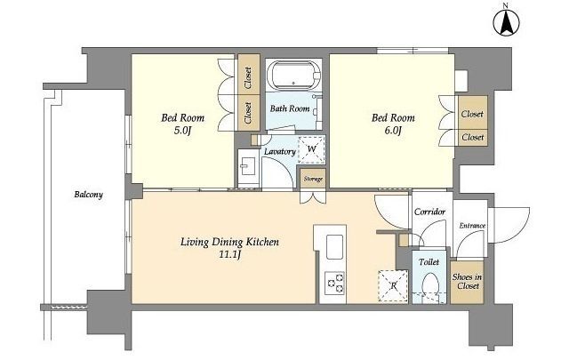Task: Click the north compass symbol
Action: coord(506,21)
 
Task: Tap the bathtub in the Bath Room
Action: coord(294,76)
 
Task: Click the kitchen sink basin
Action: coord(334,247)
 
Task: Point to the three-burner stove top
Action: coord(334,283)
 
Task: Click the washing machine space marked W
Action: coord(311,149)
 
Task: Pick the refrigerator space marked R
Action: coord(393,285)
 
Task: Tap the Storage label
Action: coord(313,179)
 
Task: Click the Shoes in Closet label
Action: coord(468,281)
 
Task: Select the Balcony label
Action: coord(89,195)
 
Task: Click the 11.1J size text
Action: coord(229,255)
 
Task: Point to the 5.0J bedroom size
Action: coord(182,131)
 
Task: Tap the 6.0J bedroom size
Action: coord(393,131)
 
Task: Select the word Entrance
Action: coord(472,226)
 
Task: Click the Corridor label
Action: coord(429,212)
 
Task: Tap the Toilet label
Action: coord(429,262)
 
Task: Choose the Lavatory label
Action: coord(280,152)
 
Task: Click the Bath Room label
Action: coord(290,108)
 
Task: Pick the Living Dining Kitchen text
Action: coord(229,242)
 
